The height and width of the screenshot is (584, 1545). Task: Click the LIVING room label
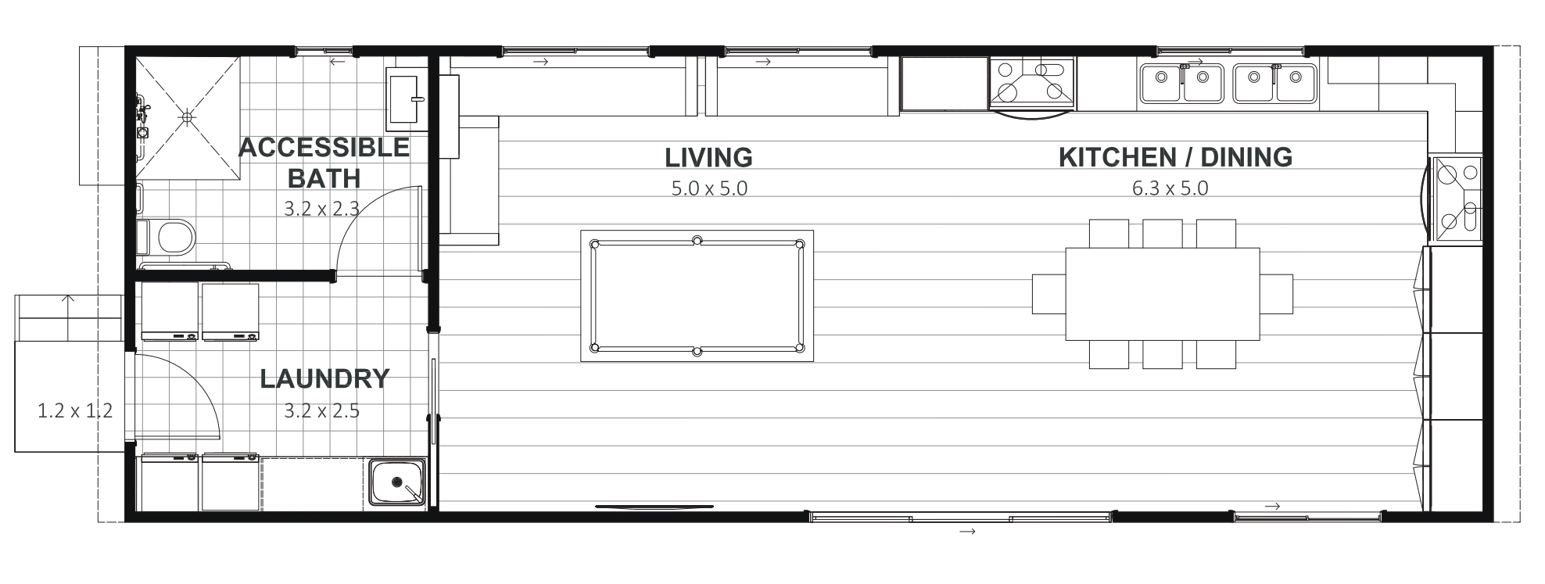click(x=708, y=157)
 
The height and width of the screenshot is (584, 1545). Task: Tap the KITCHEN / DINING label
click(x=1175, y=157)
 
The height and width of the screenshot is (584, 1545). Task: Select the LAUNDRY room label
click(x=324, y=379)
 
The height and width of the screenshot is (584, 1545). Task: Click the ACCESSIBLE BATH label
click(x=324, y=163)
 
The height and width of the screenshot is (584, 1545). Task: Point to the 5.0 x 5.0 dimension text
click(x=709, y=188)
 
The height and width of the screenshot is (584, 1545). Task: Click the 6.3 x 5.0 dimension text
click(x=1170, y=188)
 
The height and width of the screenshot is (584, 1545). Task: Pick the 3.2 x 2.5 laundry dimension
click(x=321, y=410)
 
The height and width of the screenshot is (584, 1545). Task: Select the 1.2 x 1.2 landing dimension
click(x=75, y=410)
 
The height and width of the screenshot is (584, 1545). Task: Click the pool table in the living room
click(x=697, y=296)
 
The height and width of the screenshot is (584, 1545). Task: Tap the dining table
click(x=1163, y=293)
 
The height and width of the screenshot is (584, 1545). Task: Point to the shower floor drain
click(x=187, y=116)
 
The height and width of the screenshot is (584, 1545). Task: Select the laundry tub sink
click(x=397, y=482)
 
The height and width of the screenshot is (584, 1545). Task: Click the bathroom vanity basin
click(x=406, y=99)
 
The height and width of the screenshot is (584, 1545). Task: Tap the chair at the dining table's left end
click(x=1049, y=293)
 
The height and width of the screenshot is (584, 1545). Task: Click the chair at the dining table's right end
click(x=1276, y=293)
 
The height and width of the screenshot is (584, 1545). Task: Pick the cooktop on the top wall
click(x=1032, y=82)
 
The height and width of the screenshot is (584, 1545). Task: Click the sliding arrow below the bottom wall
click(x=967, y=532)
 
